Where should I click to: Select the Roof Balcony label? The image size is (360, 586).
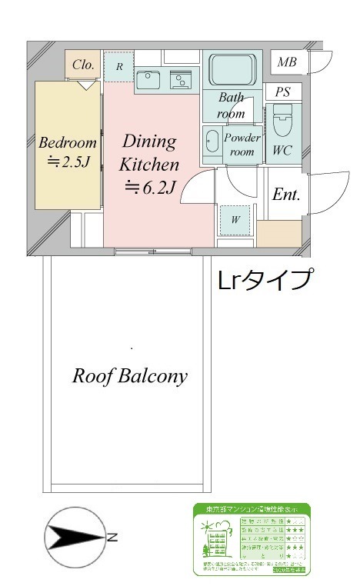tap(130, 376)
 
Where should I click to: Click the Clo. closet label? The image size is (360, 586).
tap(83, 65)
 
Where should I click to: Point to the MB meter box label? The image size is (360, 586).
tap(288, 62)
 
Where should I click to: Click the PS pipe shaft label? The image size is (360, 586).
tap(283, 92)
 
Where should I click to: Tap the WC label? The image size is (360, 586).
tap(282, 151)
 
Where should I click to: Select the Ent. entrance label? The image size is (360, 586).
tap(285, 195)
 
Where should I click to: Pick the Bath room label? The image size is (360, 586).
tap(231, 105)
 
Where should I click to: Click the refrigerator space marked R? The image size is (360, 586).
tap(119, 67)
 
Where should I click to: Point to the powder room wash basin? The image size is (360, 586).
tap(212, 145)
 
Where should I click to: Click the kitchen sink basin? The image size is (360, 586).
tap(148, 79)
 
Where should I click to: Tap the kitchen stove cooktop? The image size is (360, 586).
tap(183, 80)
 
